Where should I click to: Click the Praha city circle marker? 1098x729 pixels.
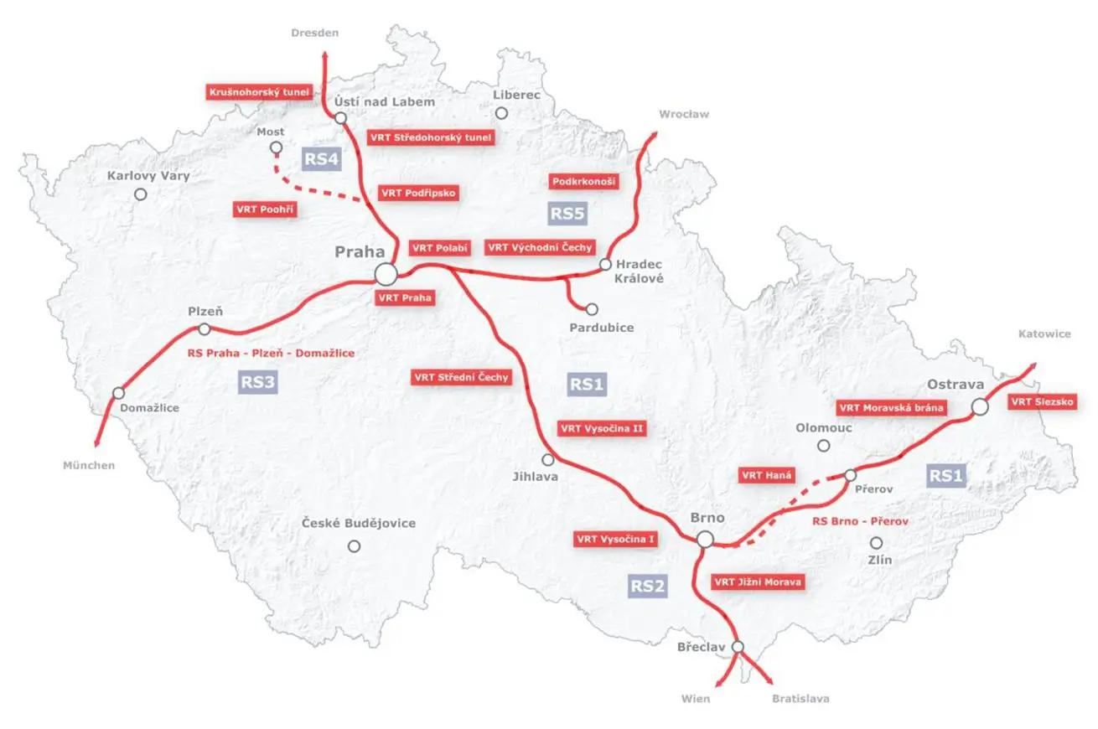coord(386,274)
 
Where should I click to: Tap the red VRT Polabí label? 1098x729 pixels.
coord(439,248)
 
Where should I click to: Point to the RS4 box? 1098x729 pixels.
coord(321,158)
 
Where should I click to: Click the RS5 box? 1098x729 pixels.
coord(567,213)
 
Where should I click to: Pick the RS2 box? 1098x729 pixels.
coord(648,586)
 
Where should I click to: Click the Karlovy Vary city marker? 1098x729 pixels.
coord(141,194)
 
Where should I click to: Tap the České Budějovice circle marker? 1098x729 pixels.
coord(355,546)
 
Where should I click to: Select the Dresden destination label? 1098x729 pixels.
coord(315,33)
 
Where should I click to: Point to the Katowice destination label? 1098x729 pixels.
coord(1044,333)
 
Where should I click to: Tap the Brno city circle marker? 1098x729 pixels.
coord(706,540)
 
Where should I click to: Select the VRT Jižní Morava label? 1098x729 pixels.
coord(758,582)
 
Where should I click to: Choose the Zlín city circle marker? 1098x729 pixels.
coord(877,543)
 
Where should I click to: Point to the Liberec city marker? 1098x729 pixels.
coord(501,113)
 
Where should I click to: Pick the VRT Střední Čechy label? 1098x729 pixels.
coord(461,378)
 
